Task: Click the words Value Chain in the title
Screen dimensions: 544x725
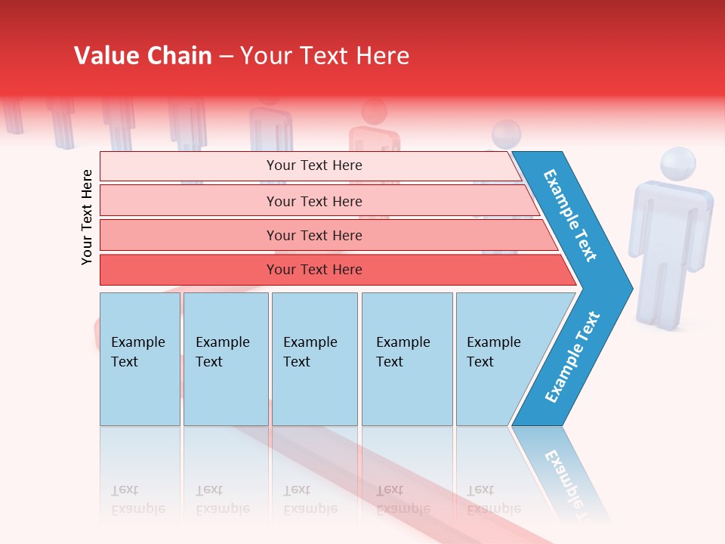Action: coord(143,56)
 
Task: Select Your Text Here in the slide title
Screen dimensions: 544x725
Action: coord(325,56)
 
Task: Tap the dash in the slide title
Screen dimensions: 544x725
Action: coord(226,57)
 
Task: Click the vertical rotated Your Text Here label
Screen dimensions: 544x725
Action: coord(87,217)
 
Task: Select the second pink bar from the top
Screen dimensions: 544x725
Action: coord(313,201)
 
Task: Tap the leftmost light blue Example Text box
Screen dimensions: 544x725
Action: coord(140,358)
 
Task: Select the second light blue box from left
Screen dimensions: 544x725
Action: coord(225,358)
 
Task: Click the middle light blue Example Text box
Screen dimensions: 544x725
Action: coord(314,358)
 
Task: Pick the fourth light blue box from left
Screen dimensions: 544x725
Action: coord(406,358)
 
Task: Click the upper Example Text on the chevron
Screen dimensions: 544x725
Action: coord(570,215)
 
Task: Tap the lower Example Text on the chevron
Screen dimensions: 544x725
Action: coord(572,357)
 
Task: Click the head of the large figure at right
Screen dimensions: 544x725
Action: coord(677,166)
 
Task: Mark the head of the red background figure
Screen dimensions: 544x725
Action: coord(375,113)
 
